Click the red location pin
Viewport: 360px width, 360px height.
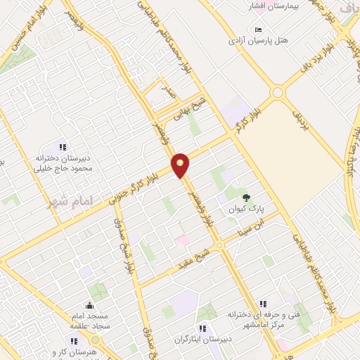[x=181, y=165]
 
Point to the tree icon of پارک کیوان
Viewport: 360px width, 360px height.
[x=245, y=198]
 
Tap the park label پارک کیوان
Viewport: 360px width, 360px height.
[x=243, y=209]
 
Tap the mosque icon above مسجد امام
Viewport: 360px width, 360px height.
[x=89, y=305]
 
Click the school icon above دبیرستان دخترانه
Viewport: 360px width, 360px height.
[x=62, y=147]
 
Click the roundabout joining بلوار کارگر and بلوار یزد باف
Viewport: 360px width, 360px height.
[x=278, y=91]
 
